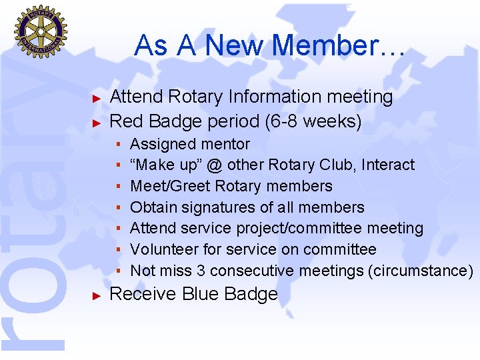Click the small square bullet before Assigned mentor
[118, 145]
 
